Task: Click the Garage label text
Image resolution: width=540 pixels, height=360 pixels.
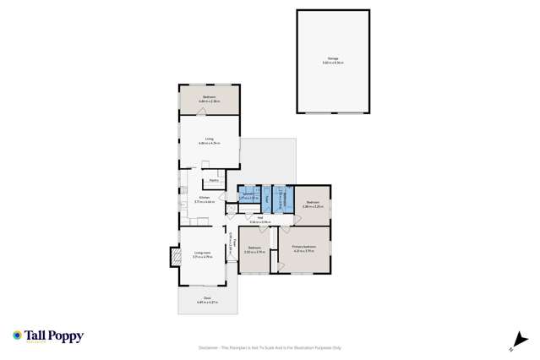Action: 333,58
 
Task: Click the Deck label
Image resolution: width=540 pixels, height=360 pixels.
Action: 207,298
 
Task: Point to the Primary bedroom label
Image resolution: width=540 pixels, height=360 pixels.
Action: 303,247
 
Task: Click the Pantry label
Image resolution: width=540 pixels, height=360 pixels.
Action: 215,180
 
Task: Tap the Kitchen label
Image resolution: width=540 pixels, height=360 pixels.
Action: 205,199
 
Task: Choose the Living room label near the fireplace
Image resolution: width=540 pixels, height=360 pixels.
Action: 202,252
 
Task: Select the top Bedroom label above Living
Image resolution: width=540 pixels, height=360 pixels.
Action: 209,97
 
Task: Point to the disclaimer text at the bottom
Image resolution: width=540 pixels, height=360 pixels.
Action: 270,346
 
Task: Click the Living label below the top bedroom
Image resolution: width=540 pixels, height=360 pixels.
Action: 208,139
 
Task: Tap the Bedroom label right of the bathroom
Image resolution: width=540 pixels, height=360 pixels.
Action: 313,202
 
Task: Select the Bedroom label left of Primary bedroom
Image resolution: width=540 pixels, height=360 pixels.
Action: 254,248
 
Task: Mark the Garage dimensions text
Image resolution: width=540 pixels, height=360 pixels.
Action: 333,63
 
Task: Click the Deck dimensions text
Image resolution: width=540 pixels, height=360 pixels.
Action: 207,303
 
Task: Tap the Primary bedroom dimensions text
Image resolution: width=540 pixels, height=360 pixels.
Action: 303,251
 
